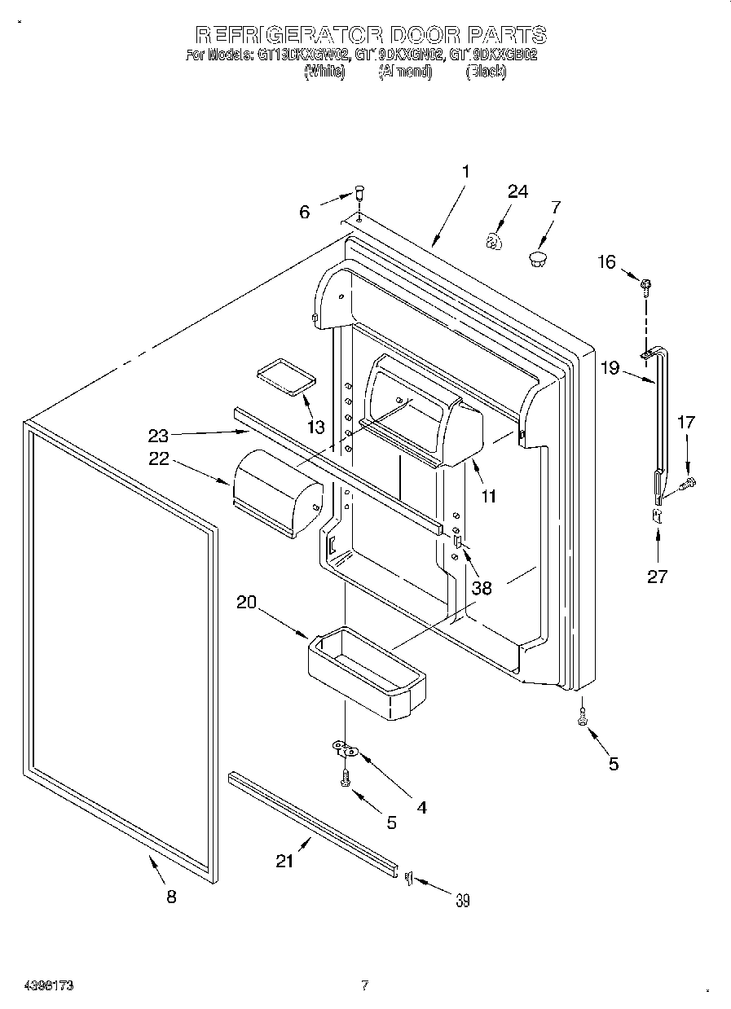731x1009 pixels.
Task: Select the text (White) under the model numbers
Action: pyautogui.click(x=324, y=72)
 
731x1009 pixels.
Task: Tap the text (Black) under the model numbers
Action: pyautogui.click(x=486, y=72)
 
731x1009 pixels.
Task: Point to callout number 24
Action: pyautogui.click(x=517, y=192)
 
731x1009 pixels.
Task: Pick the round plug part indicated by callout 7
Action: pyautogui.click(x=538, y=259)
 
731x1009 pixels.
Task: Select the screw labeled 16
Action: pyautogui.click(x=646, y=284)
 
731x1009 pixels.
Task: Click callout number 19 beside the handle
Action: pyautogui.click(x=610, y=367)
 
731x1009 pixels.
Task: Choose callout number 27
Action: pyautogui.click(x=657, y=577)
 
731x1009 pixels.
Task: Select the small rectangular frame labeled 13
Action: pyautogui.click(x=284, y=376)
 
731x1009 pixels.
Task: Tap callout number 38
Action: pyautogui.click(x=482, y=587)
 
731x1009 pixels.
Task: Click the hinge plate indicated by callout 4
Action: pyautogui.click(x=345, y=748)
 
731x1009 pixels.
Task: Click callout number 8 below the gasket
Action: pyautogui.click(x=170, y=896)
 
